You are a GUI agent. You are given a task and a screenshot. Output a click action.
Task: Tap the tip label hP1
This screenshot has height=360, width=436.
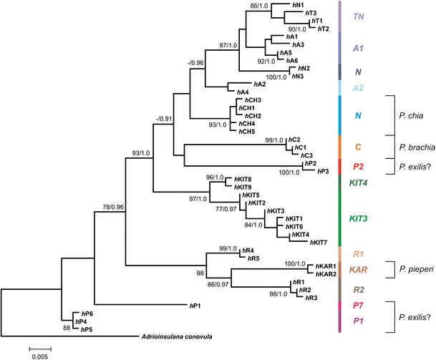195,306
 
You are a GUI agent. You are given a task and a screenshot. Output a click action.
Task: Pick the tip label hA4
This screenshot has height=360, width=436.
244,92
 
